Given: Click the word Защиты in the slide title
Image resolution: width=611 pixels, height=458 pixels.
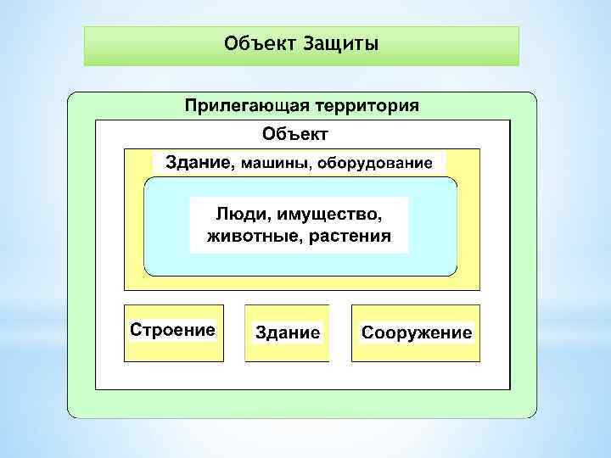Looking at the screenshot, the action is tap(340, 42).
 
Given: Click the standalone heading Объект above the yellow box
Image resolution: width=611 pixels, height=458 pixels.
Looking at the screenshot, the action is tap(294, 133).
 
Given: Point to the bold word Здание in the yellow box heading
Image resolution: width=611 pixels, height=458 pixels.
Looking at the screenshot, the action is tap(197, 162).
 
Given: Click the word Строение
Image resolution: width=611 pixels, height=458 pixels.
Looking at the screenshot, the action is tap(172, 329).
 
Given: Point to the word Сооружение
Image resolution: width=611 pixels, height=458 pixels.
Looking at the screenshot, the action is tap(417, 332).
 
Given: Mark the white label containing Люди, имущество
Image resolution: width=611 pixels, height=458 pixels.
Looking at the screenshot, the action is tap(299, 224).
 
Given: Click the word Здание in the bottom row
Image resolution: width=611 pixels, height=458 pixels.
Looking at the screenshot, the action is tap(288, 332).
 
